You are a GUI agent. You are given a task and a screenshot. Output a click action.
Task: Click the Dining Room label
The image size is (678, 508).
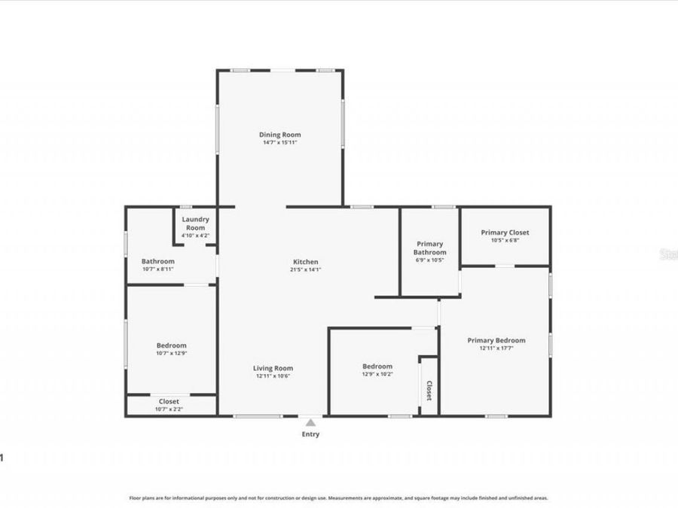click(280, 135)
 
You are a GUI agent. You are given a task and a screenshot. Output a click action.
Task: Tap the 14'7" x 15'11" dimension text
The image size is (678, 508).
click(280, 142)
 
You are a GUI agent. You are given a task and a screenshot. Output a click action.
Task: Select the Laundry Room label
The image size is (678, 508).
click(195, 224)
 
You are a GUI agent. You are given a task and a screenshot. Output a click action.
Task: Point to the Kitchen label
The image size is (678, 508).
click(305, 261)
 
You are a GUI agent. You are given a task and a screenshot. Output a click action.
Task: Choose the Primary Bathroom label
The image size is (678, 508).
click(431, 248)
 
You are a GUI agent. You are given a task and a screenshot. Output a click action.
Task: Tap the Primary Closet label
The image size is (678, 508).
click(505, 233)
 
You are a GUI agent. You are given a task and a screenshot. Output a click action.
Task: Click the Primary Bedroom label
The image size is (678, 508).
click(496, 340)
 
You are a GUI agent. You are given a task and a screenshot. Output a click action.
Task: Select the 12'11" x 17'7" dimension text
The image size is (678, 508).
click(496, 348)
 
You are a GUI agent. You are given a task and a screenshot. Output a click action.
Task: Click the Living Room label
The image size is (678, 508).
click(272, 368)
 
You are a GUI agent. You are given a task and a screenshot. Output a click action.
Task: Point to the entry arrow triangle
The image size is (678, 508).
click(310, 423)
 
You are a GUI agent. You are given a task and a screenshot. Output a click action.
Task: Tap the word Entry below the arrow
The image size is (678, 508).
click(310, 434)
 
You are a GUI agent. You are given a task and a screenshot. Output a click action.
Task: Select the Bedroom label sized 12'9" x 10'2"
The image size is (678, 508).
click(377, 367)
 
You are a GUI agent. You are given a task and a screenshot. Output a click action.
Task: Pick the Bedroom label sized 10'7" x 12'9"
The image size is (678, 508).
click(172, 345)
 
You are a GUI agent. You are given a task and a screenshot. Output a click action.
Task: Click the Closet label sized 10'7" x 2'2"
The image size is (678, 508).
click(169, 401)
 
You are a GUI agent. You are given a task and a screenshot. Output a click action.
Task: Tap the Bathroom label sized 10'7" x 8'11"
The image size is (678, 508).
click(158, 261)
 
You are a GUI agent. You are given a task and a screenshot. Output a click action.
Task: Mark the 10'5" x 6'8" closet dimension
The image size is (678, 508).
click(505, 241)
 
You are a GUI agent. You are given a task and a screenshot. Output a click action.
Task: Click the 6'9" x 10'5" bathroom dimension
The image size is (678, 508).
click(431, 260)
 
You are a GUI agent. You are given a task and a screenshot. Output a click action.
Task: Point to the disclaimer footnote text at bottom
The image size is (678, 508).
click(338, 497)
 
